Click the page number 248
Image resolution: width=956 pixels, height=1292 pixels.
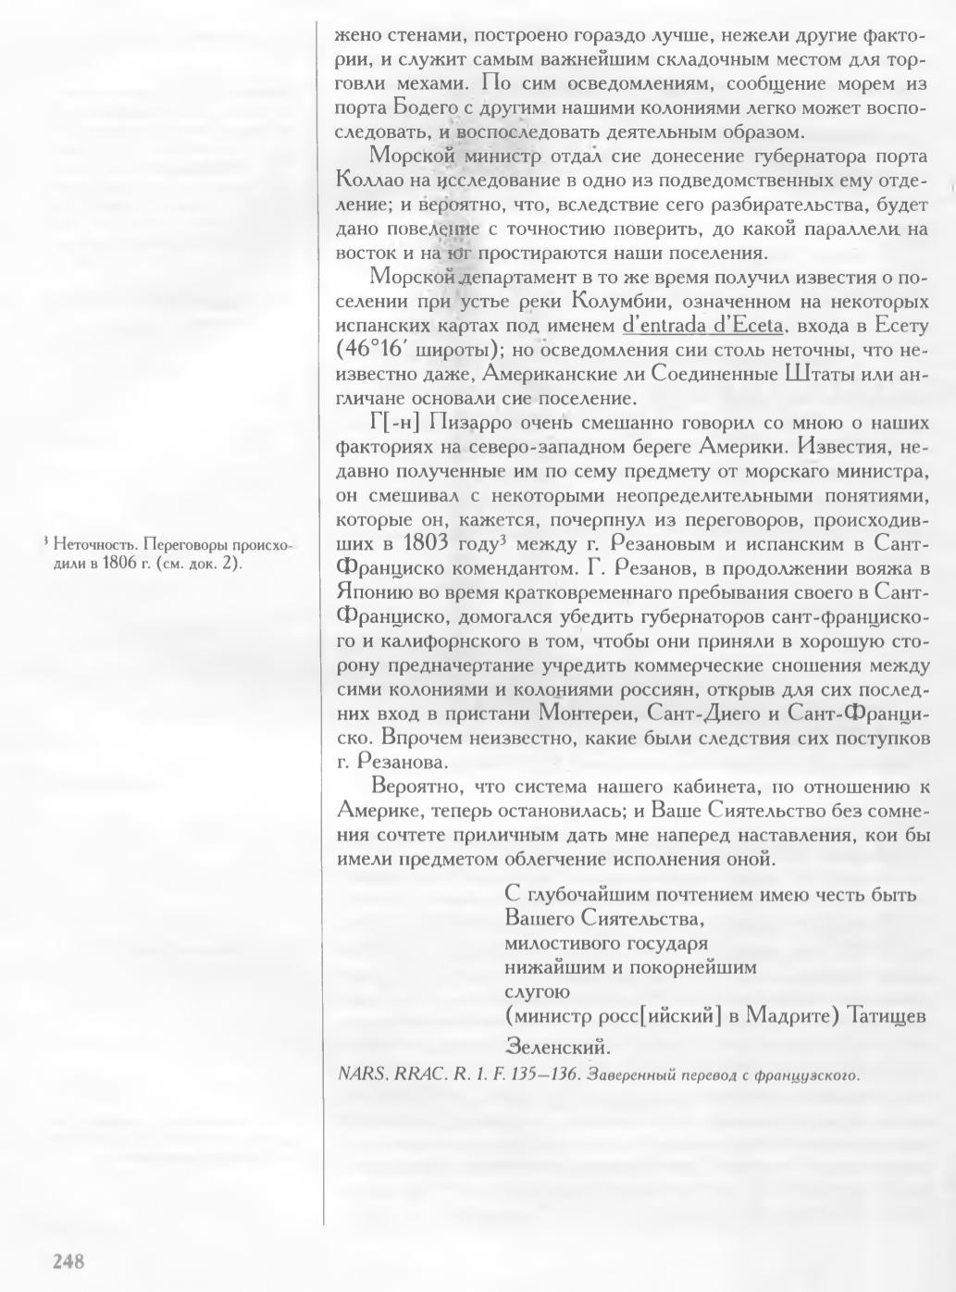pyautogui.click(x=69, y=1261)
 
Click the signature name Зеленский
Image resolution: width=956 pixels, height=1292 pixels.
pyautogui.click(x=557, y=1048)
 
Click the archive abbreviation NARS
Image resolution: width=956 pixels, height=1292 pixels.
pyautogui.click(x=361, y=1075)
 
